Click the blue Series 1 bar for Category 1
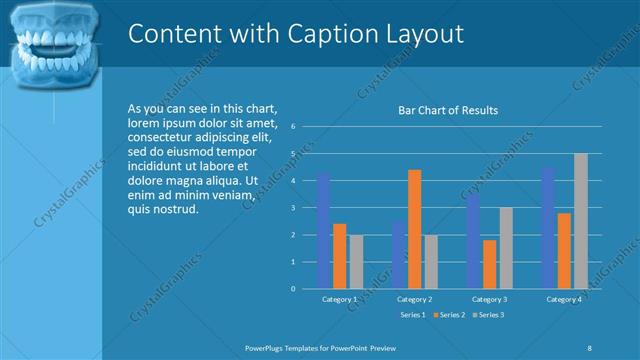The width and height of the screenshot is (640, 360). [324, 230]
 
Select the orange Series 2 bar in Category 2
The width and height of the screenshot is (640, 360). [415, 229]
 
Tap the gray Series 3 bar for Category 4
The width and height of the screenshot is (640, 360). [580, 221]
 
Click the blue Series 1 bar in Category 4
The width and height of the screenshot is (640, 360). [548, 228]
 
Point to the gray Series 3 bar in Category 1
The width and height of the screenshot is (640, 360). [356, 261]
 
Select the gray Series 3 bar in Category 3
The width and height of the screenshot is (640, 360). [506, 248]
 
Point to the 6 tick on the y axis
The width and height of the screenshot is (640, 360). [292, 127]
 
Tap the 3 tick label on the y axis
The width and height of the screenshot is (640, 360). [292, 208]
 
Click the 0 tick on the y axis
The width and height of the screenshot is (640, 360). [292, 289]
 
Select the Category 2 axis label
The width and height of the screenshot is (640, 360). [414, 299]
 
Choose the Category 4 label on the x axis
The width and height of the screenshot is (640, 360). [564, 299]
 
